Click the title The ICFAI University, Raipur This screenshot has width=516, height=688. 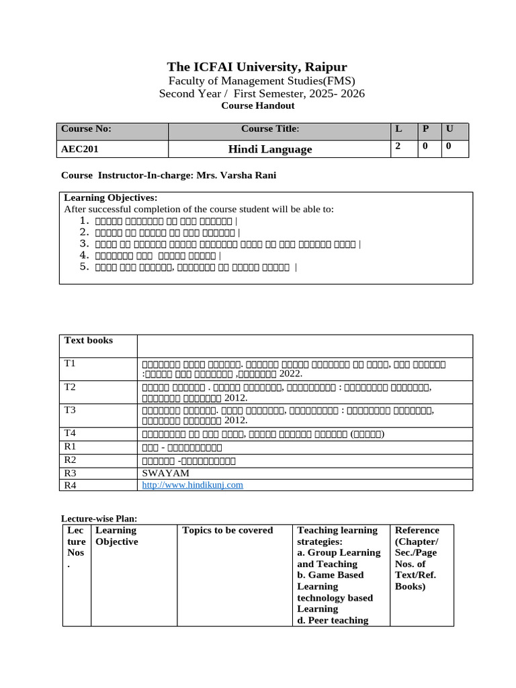[257, 67]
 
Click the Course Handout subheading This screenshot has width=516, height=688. [257, 105]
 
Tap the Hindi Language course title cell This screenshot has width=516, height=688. [269, 149]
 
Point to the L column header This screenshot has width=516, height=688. [398, 128]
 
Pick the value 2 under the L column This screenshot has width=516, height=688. [398, 146]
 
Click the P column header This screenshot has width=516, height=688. [425, 128]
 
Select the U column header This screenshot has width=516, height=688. [449, 128]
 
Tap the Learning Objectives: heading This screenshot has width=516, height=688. [110, 198]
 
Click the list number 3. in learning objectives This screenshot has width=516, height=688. [84, 243]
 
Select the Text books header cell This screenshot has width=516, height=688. [89, 341]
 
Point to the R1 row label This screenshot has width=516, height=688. [70, 446]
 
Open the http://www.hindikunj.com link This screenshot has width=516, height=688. [192, 484]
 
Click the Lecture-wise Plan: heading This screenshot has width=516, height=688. [99, 519]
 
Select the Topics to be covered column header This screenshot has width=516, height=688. [228, 530]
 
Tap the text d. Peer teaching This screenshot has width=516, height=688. [333, 620]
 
